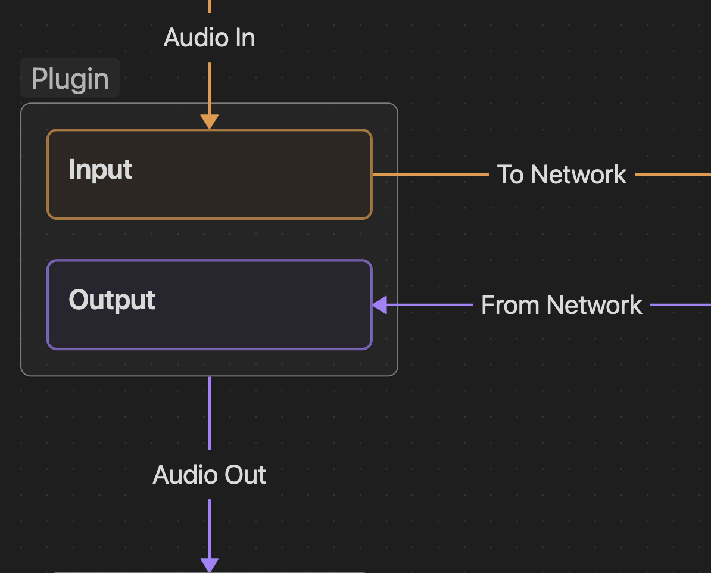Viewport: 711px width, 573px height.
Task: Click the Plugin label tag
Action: [70, 78]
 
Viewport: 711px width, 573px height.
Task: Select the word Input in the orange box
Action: [100, 170]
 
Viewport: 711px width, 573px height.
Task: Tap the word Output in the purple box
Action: [112, 300]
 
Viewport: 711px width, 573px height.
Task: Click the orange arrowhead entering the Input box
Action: [209, 122]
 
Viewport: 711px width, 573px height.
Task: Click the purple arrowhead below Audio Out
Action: [209, 565]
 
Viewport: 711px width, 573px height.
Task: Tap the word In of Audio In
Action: [244, 38]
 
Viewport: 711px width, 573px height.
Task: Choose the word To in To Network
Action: [510, 175]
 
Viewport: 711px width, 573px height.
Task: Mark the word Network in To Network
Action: [578, 175]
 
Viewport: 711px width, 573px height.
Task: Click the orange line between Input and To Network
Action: [429, 175]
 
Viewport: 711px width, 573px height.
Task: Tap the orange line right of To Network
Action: [673, 175]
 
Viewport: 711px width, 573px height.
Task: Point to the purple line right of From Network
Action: [680, 305]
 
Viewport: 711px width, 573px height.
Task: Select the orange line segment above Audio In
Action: [209, 6]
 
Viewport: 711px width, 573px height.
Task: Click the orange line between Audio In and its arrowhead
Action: [209, 86]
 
